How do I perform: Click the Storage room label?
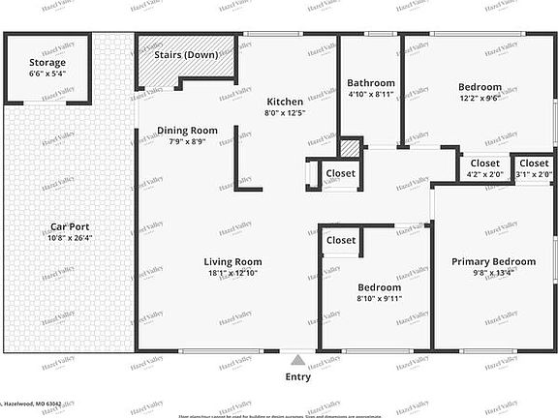point(47,63)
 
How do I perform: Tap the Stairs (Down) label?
point(187,54)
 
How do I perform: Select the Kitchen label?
point(285,102)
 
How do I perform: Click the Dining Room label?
point(188,131)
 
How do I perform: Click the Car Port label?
point(69,228)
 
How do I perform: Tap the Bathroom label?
point(371,83)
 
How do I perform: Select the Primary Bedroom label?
point(493,261)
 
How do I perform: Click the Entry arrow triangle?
point(298,360)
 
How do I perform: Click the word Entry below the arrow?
point(298,377)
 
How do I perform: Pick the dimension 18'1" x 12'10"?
point(233,273)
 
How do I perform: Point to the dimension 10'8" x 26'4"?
point(69,240)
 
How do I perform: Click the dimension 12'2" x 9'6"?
point(480,99)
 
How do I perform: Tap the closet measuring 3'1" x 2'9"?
point(532,169)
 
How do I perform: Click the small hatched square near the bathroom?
point(350,149)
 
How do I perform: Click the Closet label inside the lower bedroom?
point(341,240)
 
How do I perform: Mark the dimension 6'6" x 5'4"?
point(47,75)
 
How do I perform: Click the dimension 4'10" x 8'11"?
point(371,95)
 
